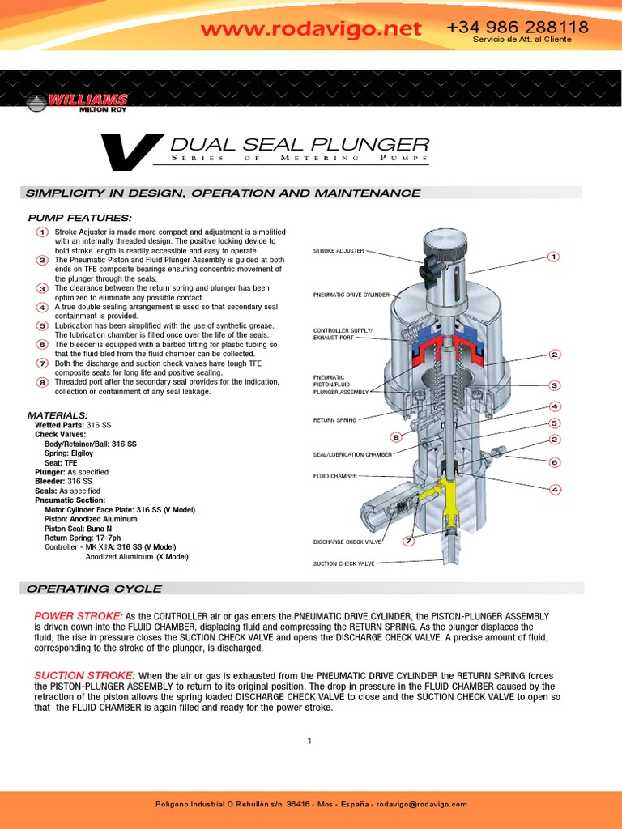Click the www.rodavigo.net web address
coord(311,29)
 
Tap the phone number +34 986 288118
coord(517,28)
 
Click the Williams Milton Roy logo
coord(76,102)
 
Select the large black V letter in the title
coord(130,152)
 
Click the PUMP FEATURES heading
coord(79,219)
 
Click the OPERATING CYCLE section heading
coord(94,589)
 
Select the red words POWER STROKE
coord(79,616)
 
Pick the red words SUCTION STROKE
coord(84,675)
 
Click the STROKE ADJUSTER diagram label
coord(339,251)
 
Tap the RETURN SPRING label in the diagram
coord(334,420)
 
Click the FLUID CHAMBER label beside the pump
coord(334,476)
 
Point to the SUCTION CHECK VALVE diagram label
coord(343,563)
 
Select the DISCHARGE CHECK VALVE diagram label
coord(347,542)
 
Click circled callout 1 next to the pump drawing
coord(553,257)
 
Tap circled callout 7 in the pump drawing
coord(409,541)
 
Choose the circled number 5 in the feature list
coord(42,325)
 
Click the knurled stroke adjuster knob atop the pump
coord(445,241)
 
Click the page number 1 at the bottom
coord(309,740)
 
